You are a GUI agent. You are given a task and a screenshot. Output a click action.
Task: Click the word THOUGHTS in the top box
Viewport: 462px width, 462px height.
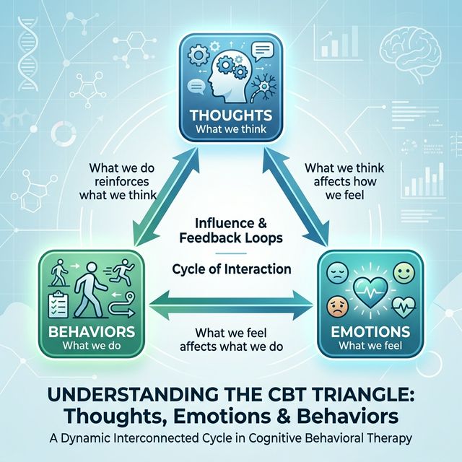pos(230,115)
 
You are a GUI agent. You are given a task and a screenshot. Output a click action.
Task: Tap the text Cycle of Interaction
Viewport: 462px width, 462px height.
pos(232,269)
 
